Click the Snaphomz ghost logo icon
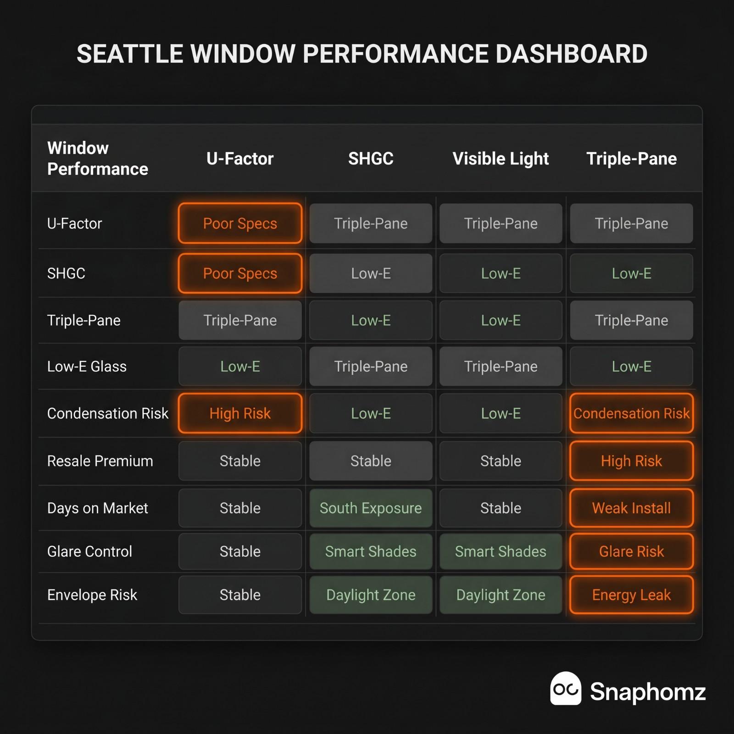566,689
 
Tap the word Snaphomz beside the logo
648,692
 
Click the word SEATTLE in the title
130,54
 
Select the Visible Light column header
500,159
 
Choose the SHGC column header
371,159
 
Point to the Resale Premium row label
100,461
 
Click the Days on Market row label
98,508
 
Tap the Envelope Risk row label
92,595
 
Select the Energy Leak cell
631,595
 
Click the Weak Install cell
631,508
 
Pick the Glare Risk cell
631,551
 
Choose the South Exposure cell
371,508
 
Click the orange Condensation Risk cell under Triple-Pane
631,413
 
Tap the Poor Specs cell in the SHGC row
240,273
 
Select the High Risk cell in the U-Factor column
240,413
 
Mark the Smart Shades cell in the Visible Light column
500,551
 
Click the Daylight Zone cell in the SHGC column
371,595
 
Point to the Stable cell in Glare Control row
240,551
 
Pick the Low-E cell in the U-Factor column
240,367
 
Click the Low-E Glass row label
87,367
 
